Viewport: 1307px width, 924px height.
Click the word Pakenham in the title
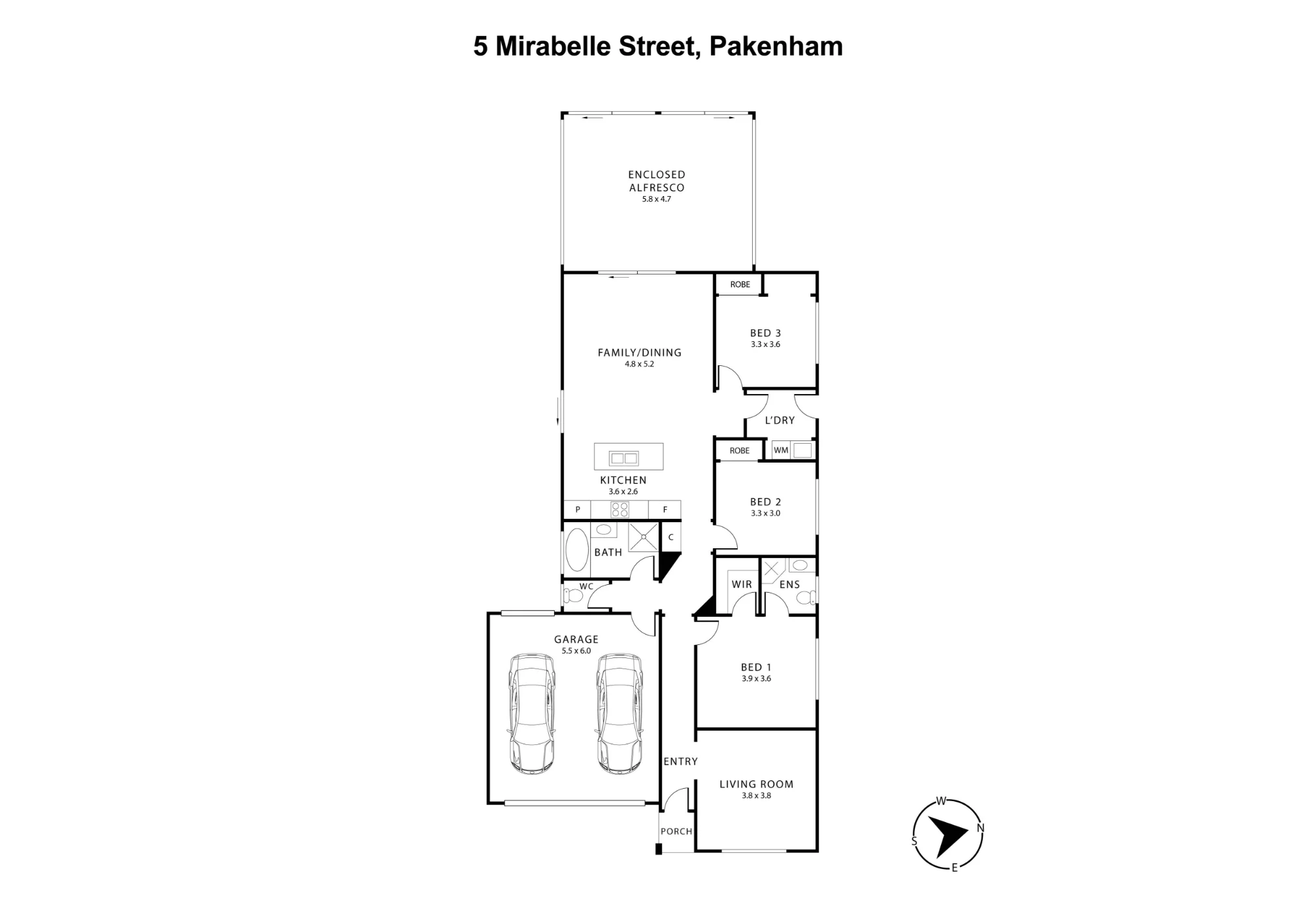click(x=776, y=46)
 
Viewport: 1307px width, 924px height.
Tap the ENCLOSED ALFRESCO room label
click(x=657, y=181)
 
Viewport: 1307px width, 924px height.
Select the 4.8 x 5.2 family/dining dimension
click(x=639, y=364)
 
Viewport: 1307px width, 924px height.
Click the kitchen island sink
click(x=623, y=458)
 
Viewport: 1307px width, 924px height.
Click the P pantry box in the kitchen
click(x=578, y=510)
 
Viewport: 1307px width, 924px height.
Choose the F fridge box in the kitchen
click(x=665, y=510)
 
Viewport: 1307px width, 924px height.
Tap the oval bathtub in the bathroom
click(x=577, y=550)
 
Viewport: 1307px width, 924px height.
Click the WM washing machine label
click(x=781, y=450)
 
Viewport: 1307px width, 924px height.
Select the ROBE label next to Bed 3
click(x=740, y=284)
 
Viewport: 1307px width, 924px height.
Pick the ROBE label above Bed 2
click(x=740, y=450)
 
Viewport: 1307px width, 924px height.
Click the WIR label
click(x=742, y=584)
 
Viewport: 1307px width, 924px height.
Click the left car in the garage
click(x=533, y=714)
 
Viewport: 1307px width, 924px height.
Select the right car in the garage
click(x=619, y=714)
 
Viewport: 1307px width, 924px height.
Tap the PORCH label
click(x=676, y=831)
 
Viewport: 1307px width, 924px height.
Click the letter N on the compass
click(x=980, y=828)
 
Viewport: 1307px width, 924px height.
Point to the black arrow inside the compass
click(x=946, y=836)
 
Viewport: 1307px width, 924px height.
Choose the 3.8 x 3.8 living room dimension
click(x=757, y=795)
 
